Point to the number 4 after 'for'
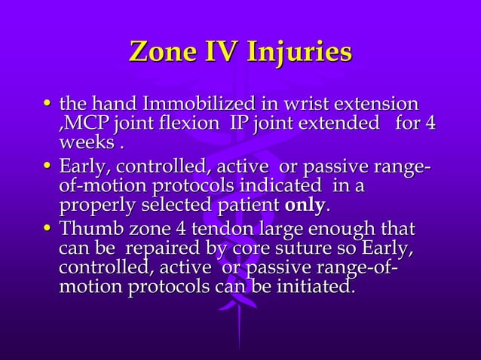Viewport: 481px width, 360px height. coord(429,123)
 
